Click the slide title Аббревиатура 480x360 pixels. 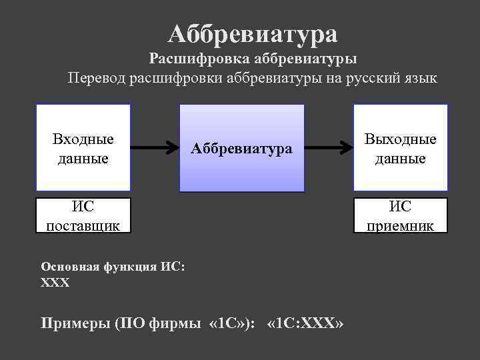[x=253, y=32]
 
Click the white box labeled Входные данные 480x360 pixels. [x=83, y=148]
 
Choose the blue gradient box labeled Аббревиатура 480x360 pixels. [x=241, y=148]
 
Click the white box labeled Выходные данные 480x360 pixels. [x=400, y=148]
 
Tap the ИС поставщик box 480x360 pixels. [x=83, y=215]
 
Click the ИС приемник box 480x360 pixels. [x=400, y=215]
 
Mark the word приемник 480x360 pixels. [x=400, y=225]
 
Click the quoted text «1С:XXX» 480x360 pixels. [x=305, y=324]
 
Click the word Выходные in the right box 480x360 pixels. [x=400, y=139]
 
